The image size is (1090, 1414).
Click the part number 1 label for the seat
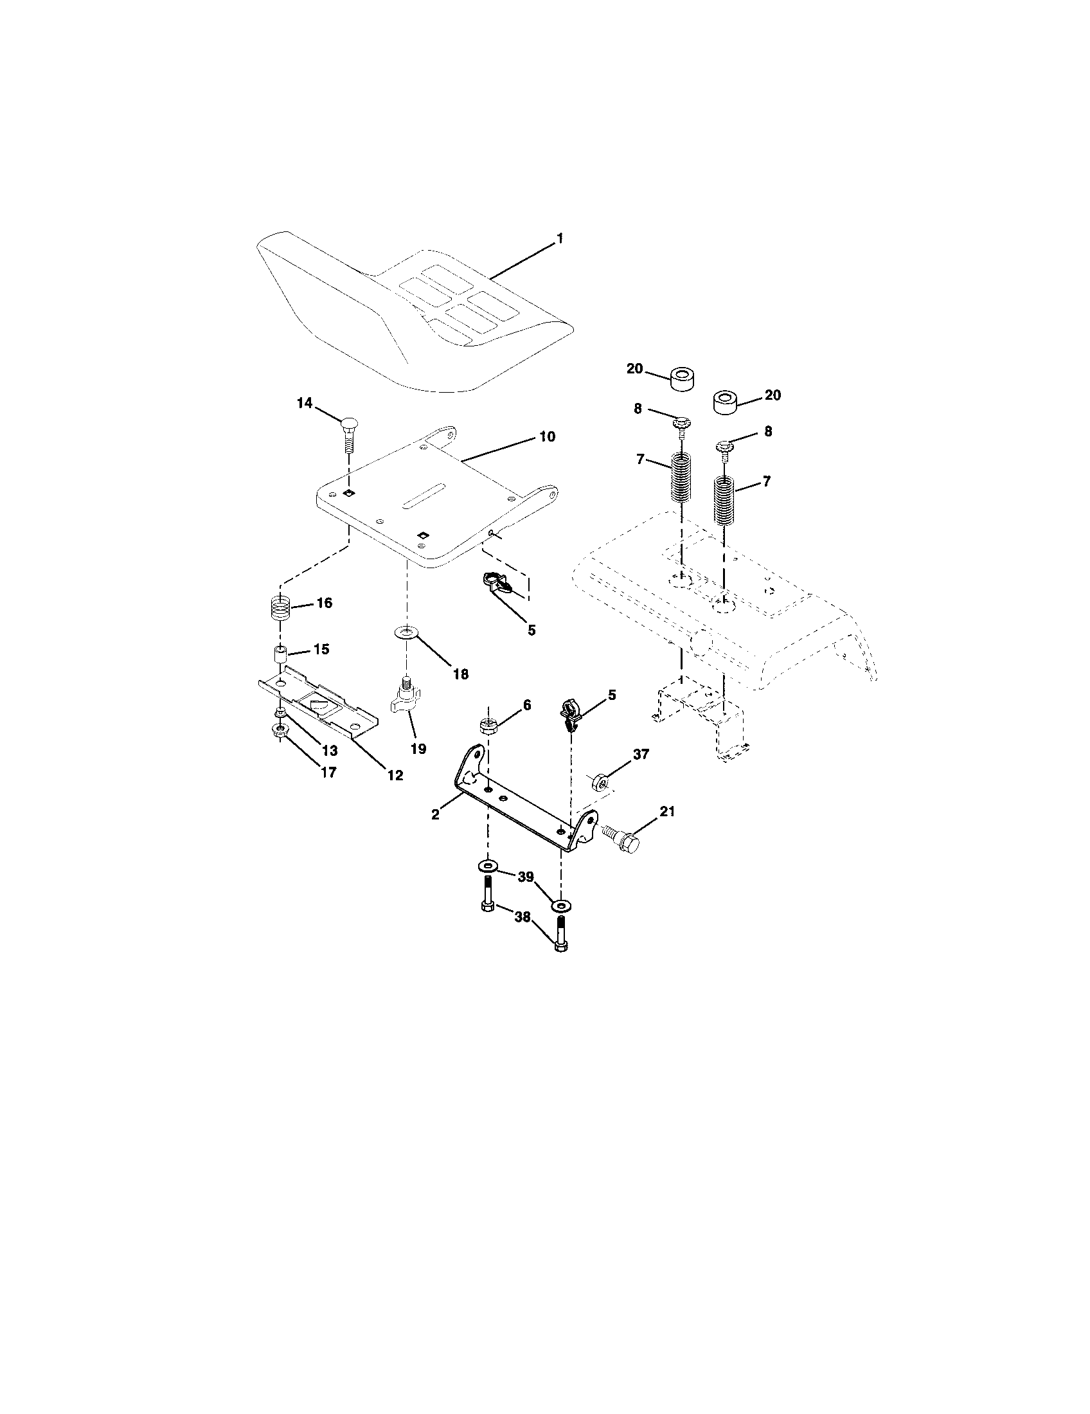point(560,239)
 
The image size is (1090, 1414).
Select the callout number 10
point(547,436)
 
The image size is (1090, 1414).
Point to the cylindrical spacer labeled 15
point(280,654)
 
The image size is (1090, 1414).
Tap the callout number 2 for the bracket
point(436,814)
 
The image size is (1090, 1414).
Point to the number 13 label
point(330,750)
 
